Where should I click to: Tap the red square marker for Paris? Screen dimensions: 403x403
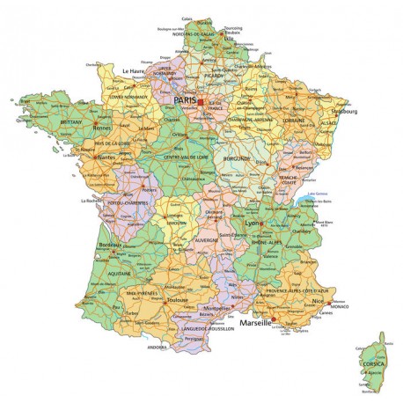(199, 102)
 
